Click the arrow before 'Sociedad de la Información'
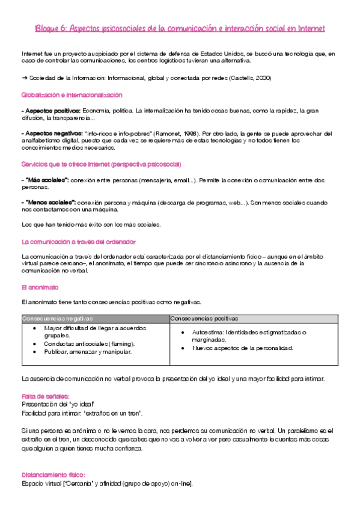pos(24,78)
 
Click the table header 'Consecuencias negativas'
pos(57,318)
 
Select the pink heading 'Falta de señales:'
pos(45,396)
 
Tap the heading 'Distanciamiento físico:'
pos(53,474)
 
